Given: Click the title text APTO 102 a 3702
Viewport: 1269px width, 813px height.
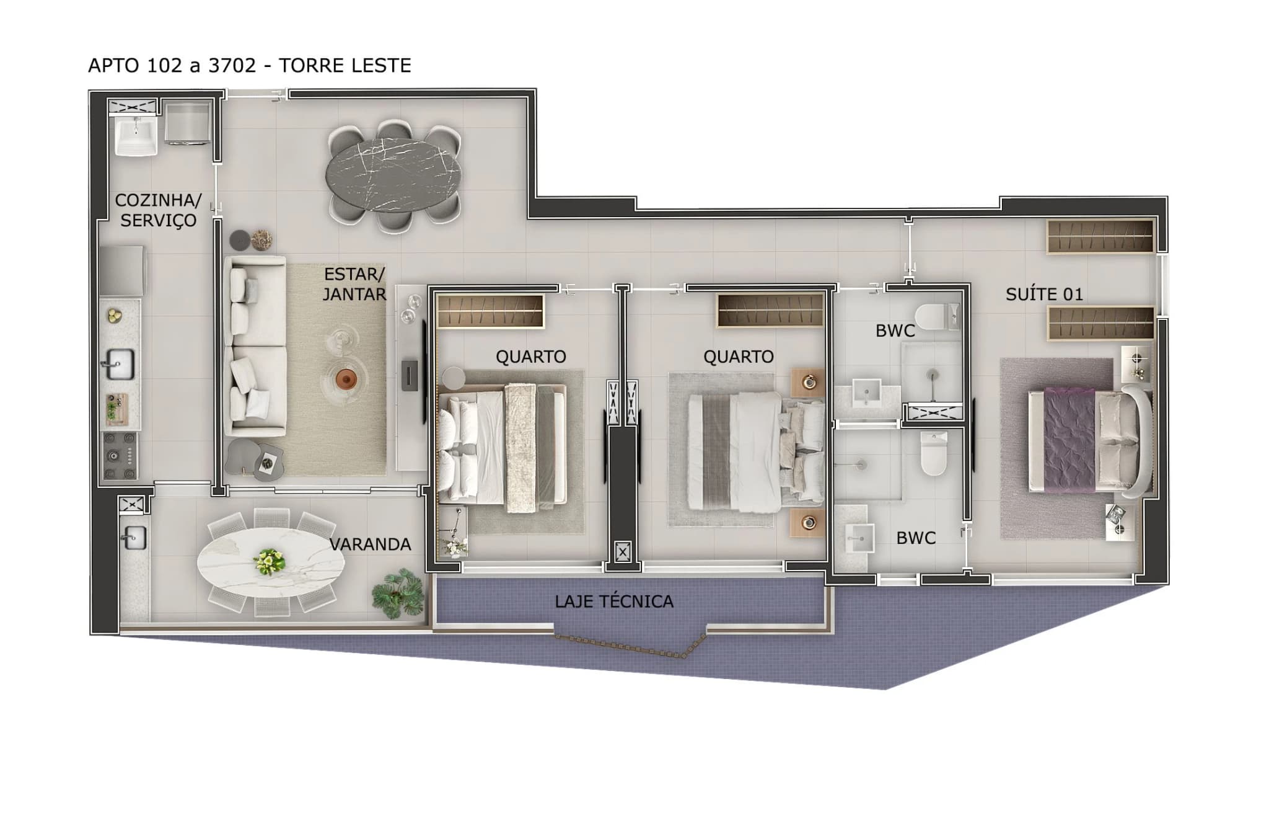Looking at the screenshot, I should tap(172, 66).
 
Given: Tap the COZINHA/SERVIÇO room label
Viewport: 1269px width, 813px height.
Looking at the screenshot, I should tap(158, 210).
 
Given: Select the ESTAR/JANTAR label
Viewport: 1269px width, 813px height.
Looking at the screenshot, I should tap(354, 284).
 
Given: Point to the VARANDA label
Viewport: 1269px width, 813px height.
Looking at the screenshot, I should tap(370, 544).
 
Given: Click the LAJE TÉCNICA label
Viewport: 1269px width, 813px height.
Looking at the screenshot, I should tap(613, 602).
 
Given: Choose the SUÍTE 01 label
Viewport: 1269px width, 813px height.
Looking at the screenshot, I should tap(1044, 295).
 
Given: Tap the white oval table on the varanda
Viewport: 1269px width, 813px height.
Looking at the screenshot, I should tap(270, 562).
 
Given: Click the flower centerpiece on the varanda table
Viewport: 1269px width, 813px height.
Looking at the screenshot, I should tap(270, 561).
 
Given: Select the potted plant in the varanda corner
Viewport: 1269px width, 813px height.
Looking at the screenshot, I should tap(398, 595).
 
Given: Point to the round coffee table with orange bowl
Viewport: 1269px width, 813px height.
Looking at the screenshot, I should tap(345, 378).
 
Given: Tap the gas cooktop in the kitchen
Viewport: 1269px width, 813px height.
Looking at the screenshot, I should tap(120, 456).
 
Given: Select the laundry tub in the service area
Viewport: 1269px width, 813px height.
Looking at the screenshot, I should tap(136, 135).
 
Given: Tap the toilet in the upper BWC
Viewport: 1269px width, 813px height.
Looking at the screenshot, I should tap(936, 317).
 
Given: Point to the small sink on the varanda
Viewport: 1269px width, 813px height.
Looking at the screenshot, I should tap(133, 538).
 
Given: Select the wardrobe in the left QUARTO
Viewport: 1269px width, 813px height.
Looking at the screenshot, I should tap(490, 311).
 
